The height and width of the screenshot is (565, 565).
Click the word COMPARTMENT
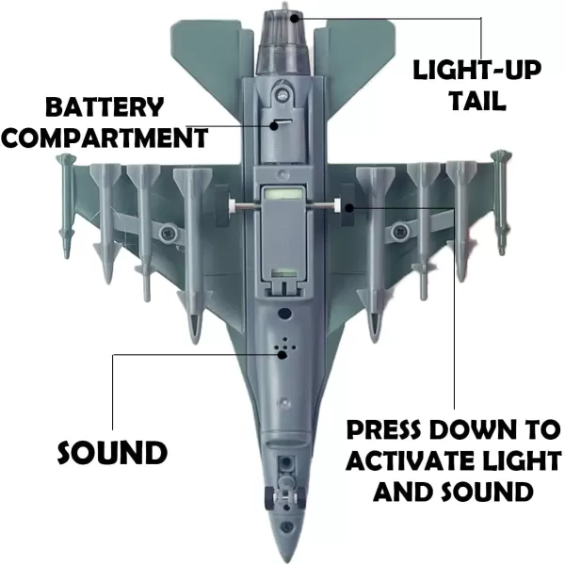[x=105, y=137]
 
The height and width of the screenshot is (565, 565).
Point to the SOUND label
[x=112, y=453]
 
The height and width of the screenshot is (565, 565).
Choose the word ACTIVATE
[x=418, y=461]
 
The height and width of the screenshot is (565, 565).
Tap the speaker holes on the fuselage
[x=282, y=349]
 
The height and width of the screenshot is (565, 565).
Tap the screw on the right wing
[x=398, y=230]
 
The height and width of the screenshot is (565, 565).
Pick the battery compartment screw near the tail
[x=280, y=92]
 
